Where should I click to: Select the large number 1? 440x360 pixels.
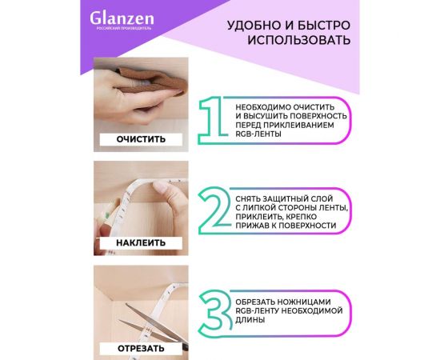(210, 120)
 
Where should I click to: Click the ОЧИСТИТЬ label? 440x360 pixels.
(141, 139)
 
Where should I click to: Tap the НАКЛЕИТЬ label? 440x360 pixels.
(141, 242)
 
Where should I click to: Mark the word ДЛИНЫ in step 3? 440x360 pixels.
(251, 319)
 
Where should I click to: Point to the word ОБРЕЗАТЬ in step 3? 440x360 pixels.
(258, 300)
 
